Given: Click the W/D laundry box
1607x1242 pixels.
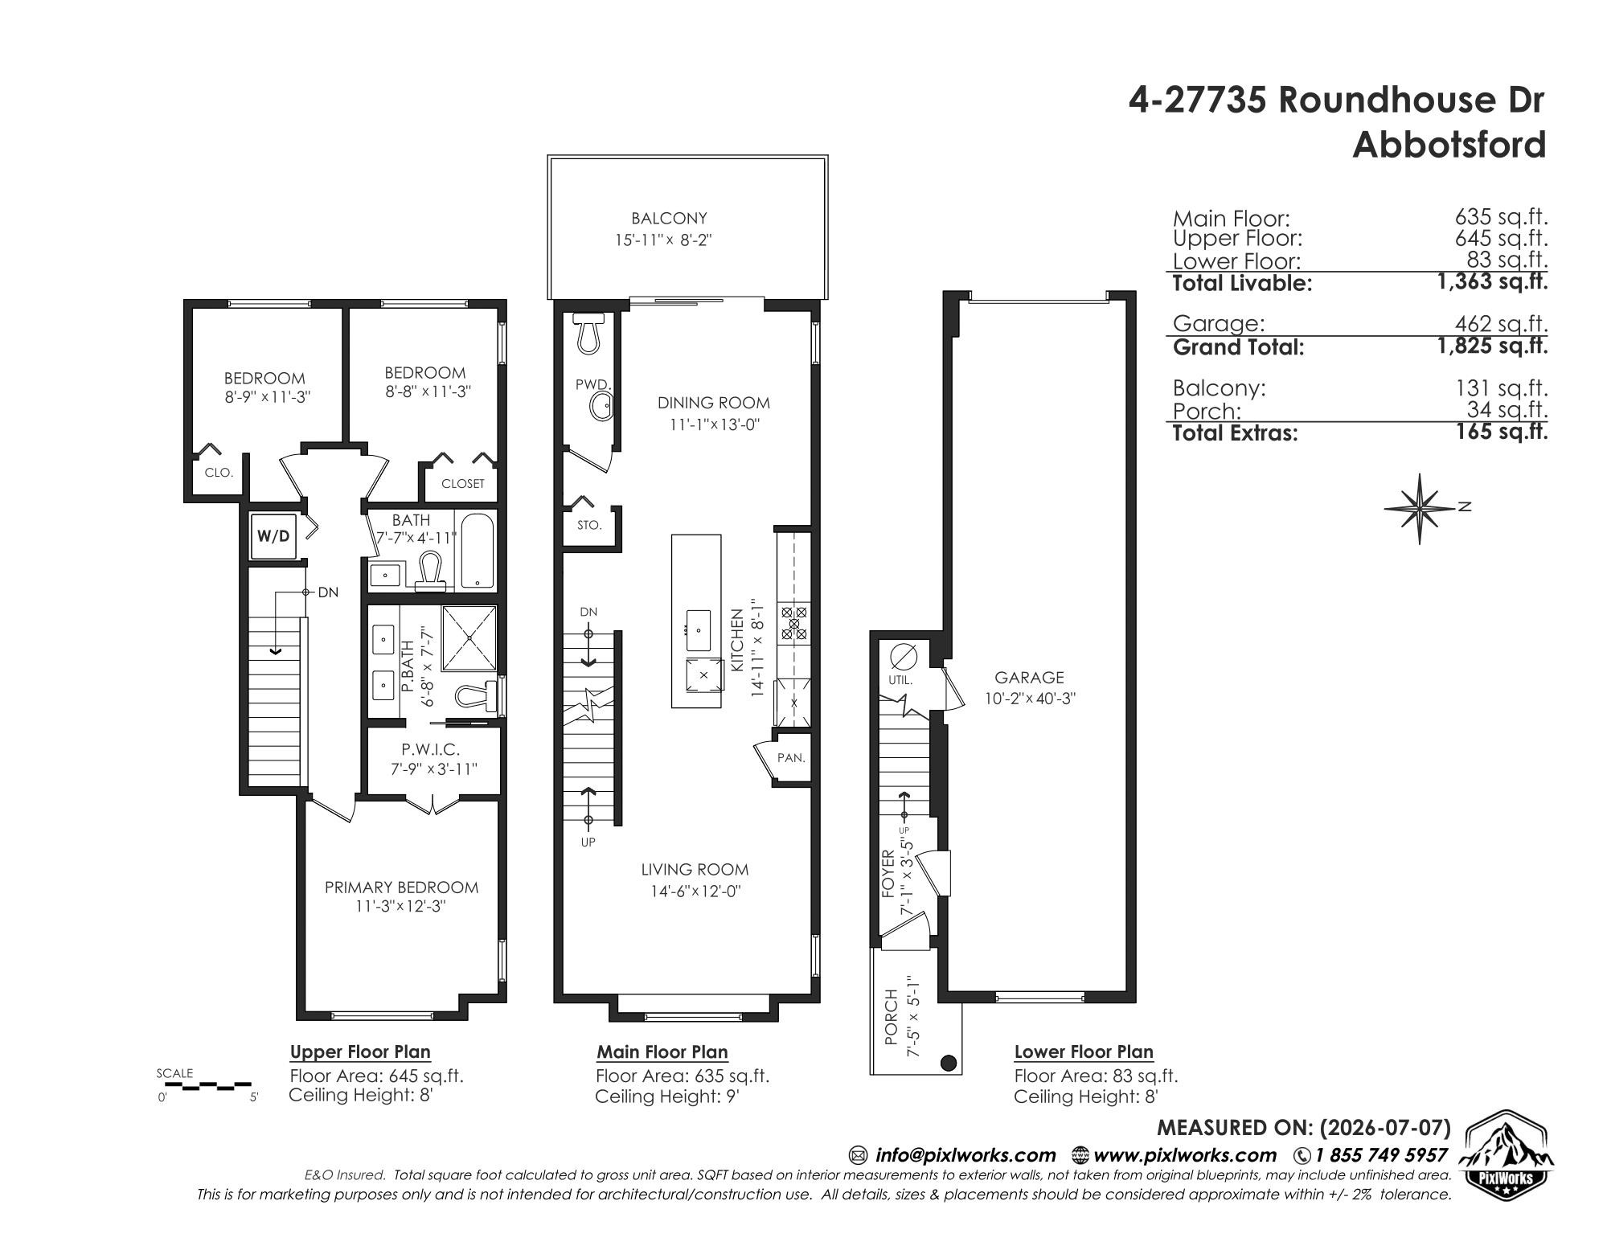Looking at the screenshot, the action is click(x=274, y=535).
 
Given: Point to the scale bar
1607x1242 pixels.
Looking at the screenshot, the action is click(x=207, y=1085).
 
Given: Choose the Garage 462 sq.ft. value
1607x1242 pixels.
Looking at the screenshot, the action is click(x=1501, y=324).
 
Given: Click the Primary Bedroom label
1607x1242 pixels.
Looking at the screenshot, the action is click(x=401, y=887).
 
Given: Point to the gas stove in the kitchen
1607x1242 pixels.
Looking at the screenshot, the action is click(x=794, y=624).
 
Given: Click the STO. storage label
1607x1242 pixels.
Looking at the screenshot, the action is click(x=589, y=526).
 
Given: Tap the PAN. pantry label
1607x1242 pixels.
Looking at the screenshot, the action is click(x=791, y=757).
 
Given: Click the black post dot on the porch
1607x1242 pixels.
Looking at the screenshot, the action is click(x=949, y=1064).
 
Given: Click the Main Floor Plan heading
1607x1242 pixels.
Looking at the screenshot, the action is click(x=662, y=1051).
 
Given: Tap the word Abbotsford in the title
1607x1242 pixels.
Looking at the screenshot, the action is click(x=1449, y=145).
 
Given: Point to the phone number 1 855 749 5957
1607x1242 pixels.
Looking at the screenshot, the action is click(x=1380, y=1155).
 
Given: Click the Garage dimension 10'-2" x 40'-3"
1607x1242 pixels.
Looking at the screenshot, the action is click(x=1030, y=699).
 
